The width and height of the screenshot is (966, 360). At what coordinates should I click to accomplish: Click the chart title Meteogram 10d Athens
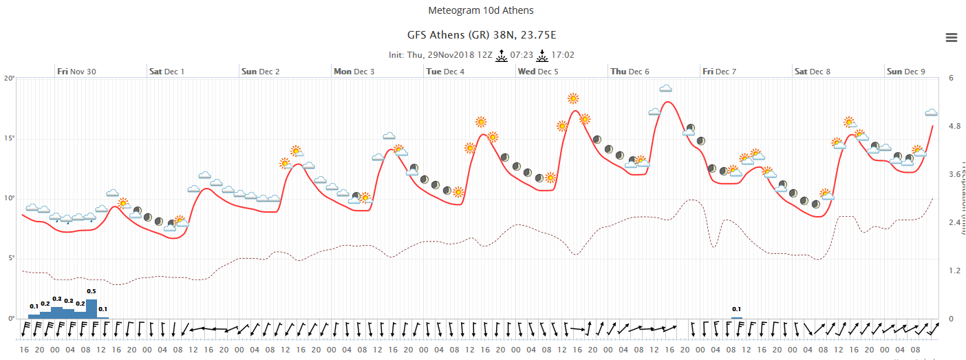pyautogui.click(x=480, y=10)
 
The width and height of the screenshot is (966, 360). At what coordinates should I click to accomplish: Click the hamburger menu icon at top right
pyautogui.click(x=952, y=38)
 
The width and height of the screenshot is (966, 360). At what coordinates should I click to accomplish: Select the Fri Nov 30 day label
pyautogui.click(x=76, y=71)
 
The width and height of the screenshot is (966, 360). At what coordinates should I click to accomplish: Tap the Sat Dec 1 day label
pyautogui.click(x=167, y=71)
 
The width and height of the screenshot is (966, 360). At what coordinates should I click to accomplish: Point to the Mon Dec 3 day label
pyautogui.click(x=354, y=71)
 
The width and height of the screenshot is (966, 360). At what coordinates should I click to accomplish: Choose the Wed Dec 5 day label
pyautogui.click(x=538, y=71)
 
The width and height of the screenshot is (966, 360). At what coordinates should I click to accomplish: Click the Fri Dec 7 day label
pyautogui.click(x=720, y=71)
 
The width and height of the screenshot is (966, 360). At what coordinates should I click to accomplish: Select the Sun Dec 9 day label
pyautogui.click(x=905, y=71)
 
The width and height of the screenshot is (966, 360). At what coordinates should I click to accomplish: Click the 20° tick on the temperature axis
pyautogui.click(x=9, y=78)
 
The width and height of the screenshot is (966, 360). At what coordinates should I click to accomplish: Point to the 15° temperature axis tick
pyautogui.click(x=9, y=138)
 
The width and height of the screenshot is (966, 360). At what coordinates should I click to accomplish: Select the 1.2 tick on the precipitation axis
pyautogui.click(x=954, y=271)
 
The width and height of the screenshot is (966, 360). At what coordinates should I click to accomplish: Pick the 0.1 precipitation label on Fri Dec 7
pyautogui.click(x=736, y=309)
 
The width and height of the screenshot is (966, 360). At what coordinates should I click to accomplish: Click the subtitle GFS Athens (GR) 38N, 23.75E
pyautogui.click(x=480, y=34)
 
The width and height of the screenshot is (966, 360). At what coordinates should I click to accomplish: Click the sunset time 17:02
pyautogui.click(x=563, y=55)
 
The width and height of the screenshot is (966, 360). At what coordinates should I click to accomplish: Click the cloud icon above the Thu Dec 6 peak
pyautogui.click(x=666, y=89)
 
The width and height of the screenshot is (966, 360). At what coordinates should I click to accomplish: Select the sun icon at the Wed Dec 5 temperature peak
pyautogui.click(x=572, y=98)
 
